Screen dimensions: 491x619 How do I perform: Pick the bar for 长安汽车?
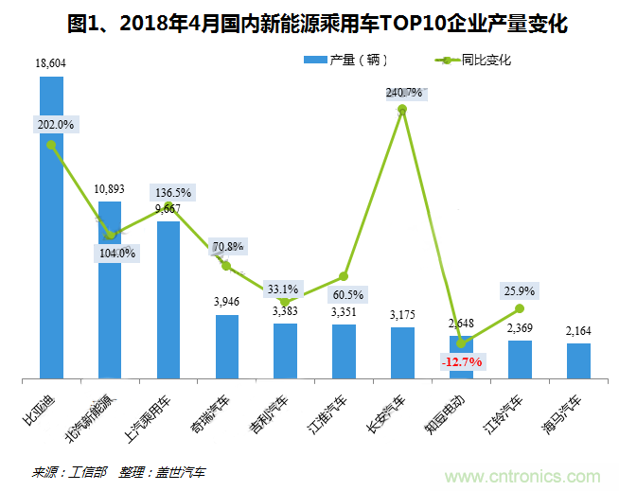402,353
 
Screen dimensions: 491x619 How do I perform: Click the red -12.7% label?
461,361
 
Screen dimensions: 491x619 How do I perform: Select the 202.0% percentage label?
55,125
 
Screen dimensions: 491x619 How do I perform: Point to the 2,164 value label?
579,331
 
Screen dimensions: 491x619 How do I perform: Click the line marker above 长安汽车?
402,110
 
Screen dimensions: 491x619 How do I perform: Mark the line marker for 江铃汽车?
520,308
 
